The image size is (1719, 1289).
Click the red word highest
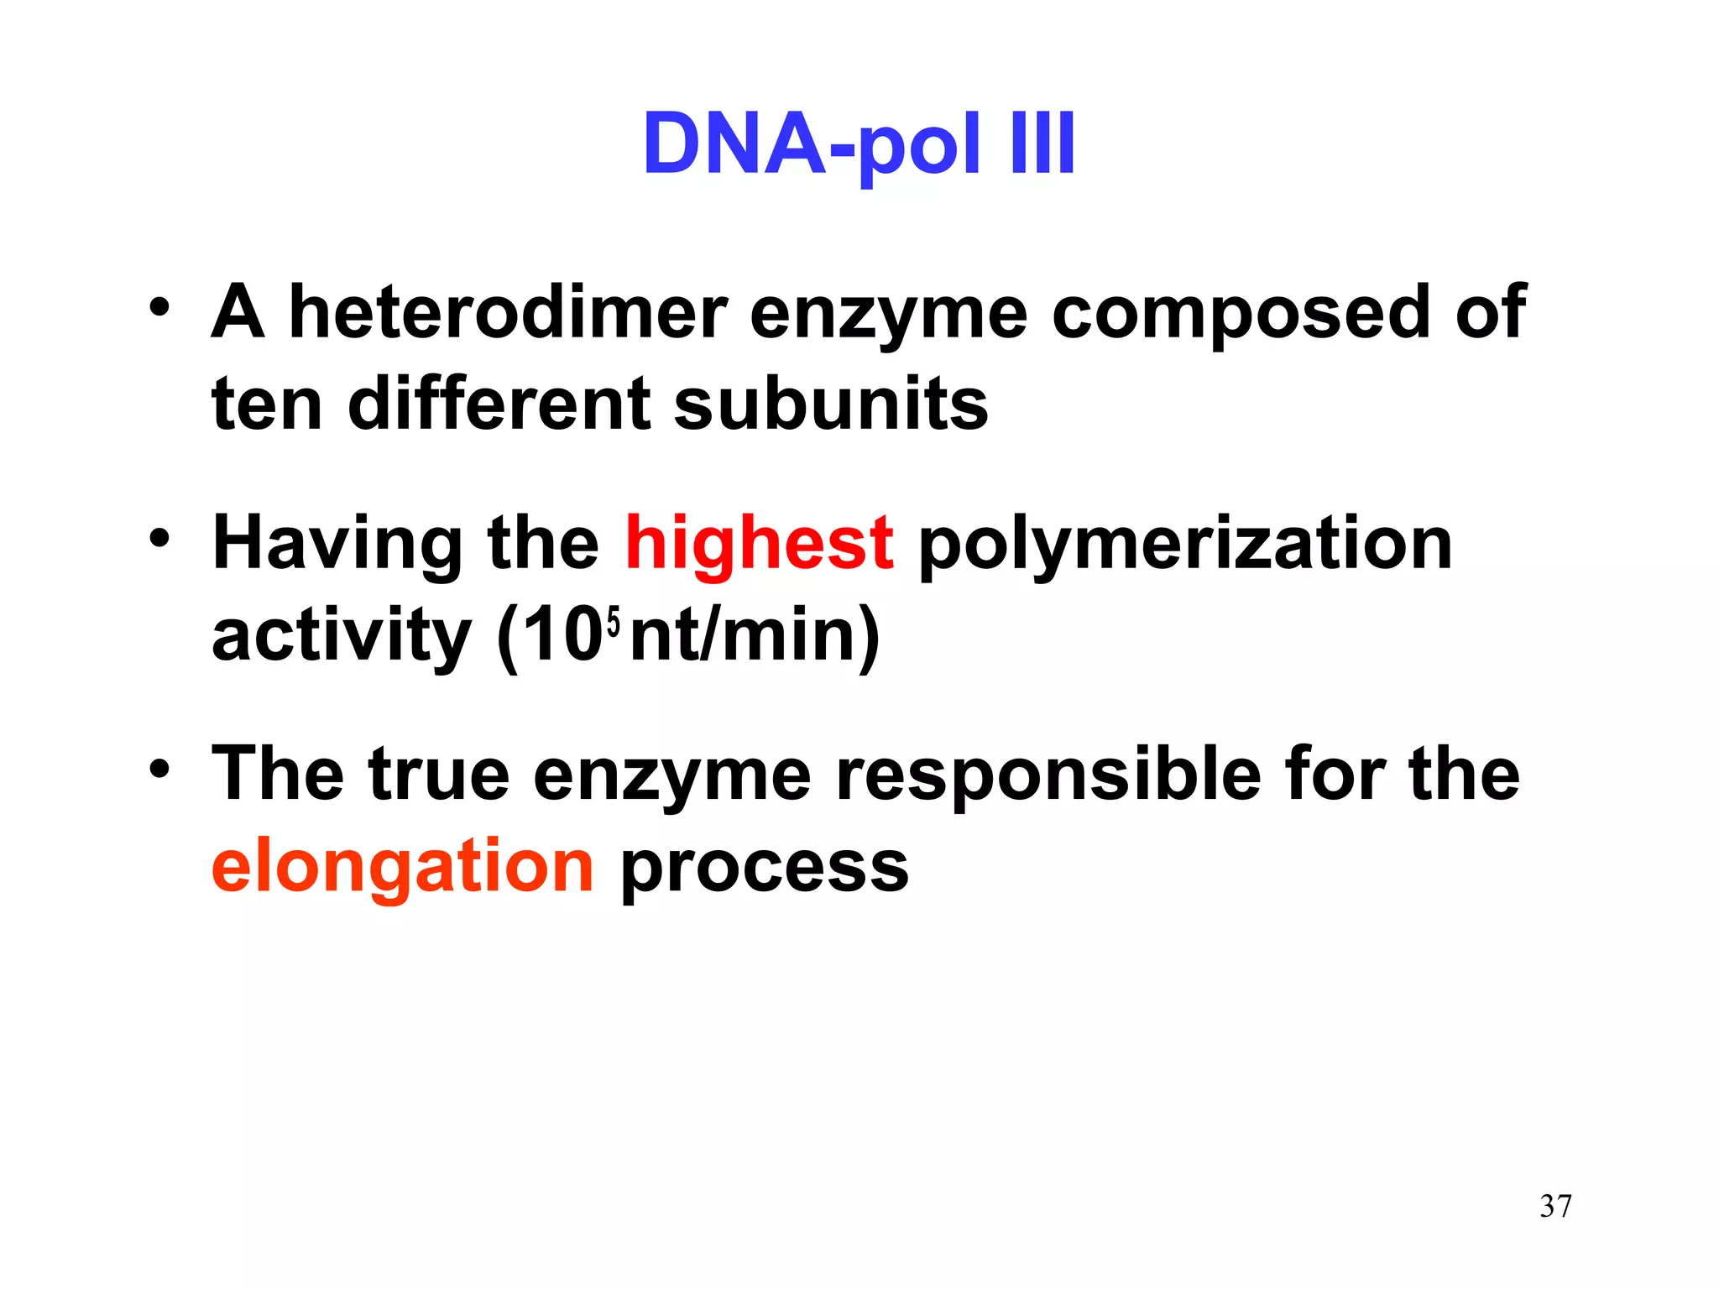click(x=759, y=544)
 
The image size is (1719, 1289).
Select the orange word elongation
click(x=403, y=866)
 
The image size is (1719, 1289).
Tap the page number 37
click(x=1555, y=1206)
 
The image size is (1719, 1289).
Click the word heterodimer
click(x=508, y=312)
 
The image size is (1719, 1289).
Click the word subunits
click(x=831, y=404)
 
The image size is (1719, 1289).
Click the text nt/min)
click(x=755, y=636)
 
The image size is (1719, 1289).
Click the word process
click(x=764, y=868)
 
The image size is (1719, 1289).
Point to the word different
click(x=499, y=404)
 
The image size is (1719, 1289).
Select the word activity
click(x=341, y=636)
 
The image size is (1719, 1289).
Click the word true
click(x=438, y=774)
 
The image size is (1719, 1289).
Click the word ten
click(x=267, y=404)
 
